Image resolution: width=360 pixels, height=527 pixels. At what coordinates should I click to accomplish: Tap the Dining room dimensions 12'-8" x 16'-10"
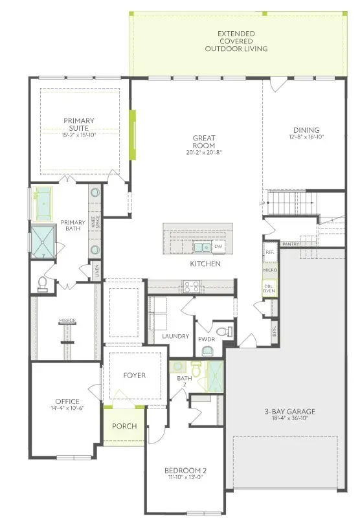click(x=306, y=137)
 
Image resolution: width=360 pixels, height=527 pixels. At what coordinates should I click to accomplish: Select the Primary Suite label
click(x=78, y=124)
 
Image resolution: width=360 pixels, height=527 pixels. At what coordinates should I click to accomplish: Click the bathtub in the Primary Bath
click(x=44, y=201)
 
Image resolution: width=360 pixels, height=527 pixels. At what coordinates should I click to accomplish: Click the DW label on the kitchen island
click(x=218, y=247)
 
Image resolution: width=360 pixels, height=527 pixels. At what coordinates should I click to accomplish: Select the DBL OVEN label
click(x=269, y=288)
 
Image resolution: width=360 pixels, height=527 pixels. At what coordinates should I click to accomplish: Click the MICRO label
click(x=269, y=269)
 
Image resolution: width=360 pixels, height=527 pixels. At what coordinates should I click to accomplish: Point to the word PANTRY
click(x=289, y=244)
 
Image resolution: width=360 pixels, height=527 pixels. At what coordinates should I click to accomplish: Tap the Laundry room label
click(x=175, y=337)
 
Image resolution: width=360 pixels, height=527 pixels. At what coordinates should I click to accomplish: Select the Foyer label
click(x=135, y=376)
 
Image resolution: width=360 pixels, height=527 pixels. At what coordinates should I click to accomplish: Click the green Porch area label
click(x=124, y=427)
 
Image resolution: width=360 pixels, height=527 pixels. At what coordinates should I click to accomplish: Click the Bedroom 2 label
click(x=186, y=470)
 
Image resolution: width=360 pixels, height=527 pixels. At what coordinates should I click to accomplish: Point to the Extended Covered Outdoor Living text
click(x=236, y=41)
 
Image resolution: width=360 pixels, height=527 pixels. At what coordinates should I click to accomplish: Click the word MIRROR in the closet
click(x=67, y=320)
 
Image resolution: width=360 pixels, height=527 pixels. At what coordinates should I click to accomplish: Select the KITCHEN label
click(x=205, y=264)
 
